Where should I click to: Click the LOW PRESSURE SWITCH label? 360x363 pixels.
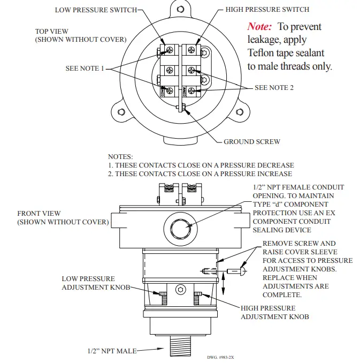click(x=96, y=10)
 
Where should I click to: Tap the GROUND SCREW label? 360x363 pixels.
click(x=251, y=142)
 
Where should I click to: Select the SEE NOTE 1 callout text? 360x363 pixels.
click(x=85, y=69)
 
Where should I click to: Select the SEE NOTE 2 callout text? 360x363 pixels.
click(x=274, y=87)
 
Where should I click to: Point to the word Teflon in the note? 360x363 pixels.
click(x=263, y=54)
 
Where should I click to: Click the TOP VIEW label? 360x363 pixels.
click(x=52, y=32)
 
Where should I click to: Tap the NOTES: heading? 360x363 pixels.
click(x=120, y=157)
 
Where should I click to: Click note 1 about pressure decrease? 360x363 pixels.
click(x=201, y=165)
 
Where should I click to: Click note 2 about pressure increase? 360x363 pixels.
click(x=200, y=174)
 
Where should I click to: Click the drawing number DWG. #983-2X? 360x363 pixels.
click(x=221, y=357)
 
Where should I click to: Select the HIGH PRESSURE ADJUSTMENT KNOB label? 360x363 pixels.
click(x=274, y=312)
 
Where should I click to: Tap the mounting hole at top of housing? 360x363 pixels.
click(x=180, y=9)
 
